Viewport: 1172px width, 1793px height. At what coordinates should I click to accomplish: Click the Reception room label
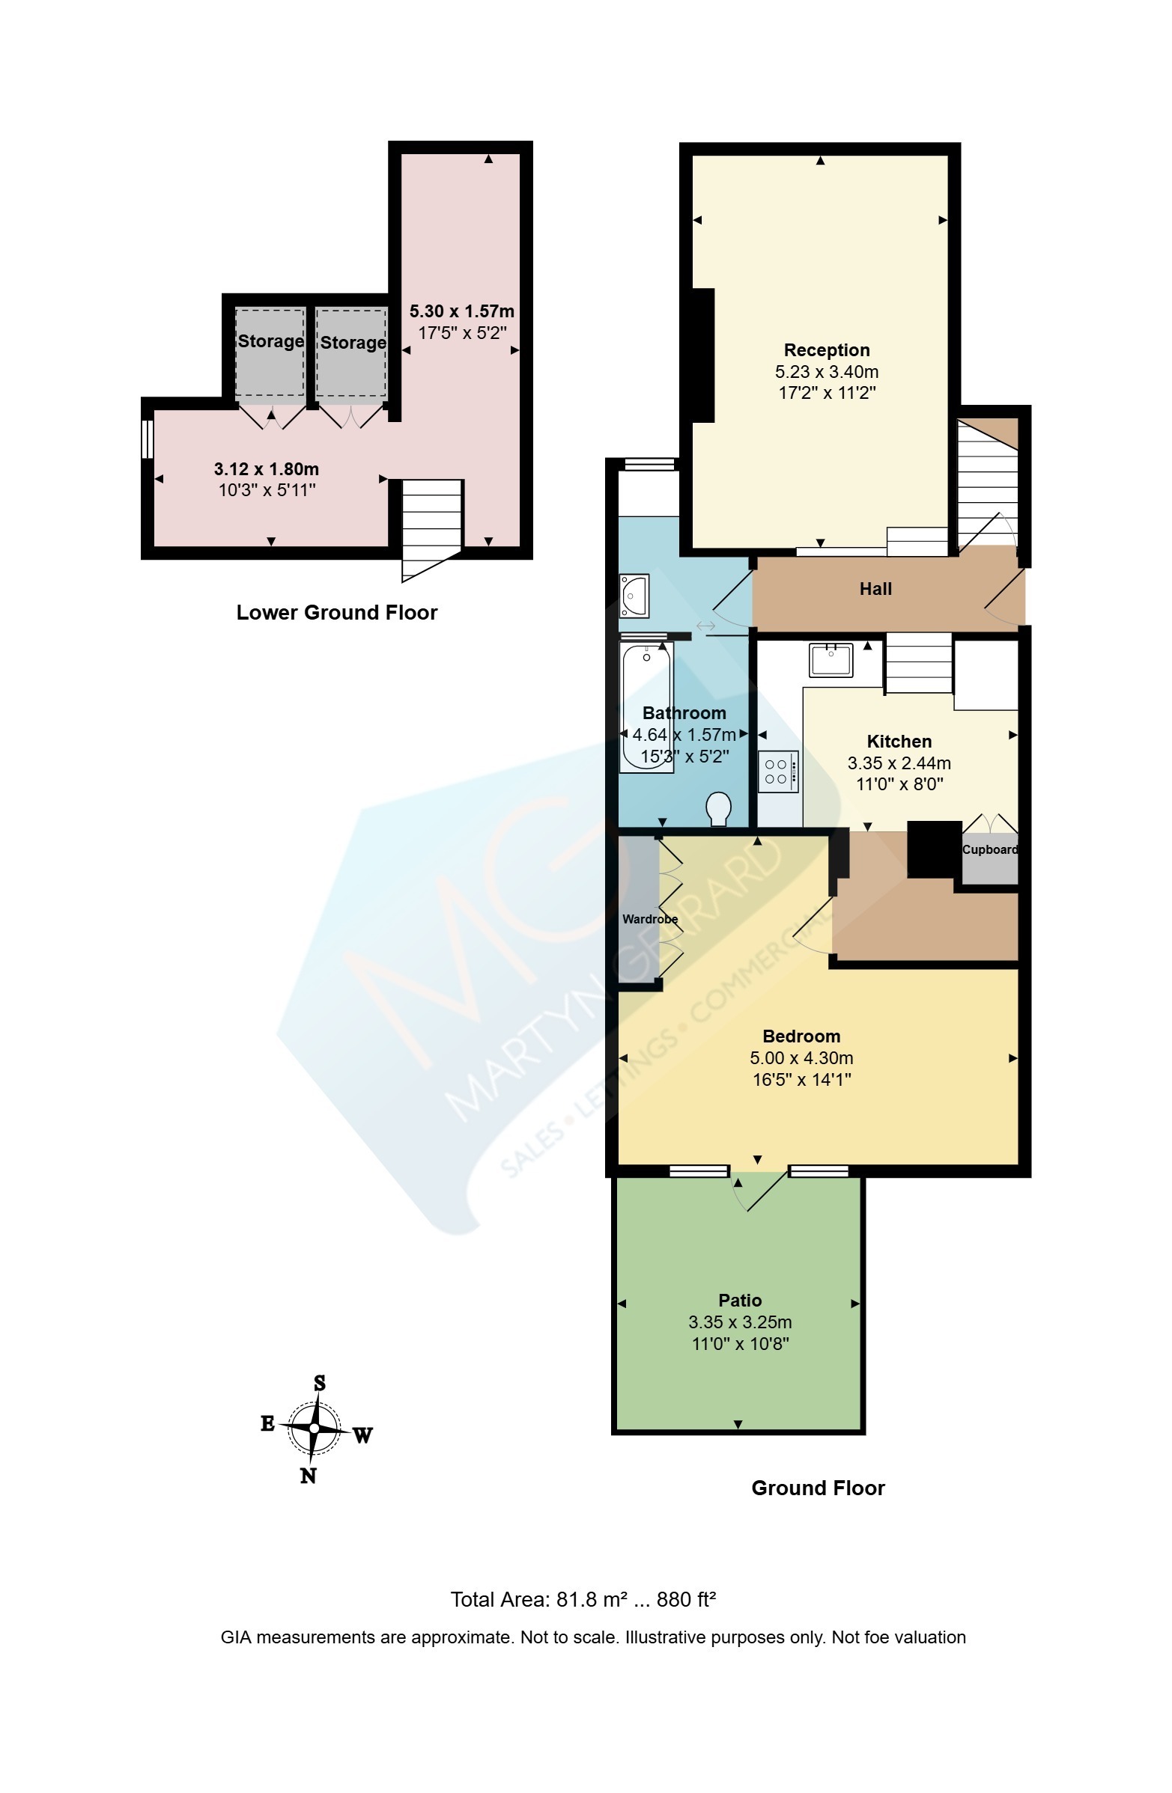pyautogui.click(x=826, y=350)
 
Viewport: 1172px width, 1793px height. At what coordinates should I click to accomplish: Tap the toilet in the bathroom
pyautogui.click(x=718, y=807)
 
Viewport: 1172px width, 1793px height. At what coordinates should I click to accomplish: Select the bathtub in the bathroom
pyautogui.click(x=646, y=706)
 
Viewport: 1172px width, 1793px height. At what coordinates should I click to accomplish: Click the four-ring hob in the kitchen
pyautogui.click(x=777, y=772)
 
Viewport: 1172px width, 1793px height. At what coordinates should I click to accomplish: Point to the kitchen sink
pyautogui.click(x=831, y=660)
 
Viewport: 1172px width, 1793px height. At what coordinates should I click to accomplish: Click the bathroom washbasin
pyautogui.click(x=633, y=596)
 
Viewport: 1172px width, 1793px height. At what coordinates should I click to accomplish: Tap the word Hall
pyautogui.click(x=875, y=589)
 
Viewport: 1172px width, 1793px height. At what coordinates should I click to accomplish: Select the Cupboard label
pyautogui.click(x=989, y=849)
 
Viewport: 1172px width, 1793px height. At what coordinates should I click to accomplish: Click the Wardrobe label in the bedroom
pyautogui.click(x=650, y=918)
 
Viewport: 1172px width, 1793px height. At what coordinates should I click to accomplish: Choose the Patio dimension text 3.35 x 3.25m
pyautogui.click(x=739, y=1322)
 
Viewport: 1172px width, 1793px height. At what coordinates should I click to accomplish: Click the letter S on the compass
pyautogui.click(x=320, y=1382)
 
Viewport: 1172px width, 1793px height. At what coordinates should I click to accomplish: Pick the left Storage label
pyautogui.click(x=270, y=341)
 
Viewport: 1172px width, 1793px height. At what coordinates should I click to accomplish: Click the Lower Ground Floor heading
pyautogui.click(x=337, y=612)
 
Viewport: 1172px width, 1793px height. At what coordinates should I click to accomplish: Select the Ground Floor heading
pyautogui.click(x=818, y=1488)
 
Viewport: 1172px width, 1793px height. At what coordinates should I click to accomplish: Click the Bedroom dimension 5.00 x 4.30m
pyautogui.click(x=801, y=1057)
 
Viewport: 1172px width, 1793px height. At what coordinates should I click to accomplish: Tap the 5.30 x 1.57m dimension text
pyautogui.click(x=461, y=311)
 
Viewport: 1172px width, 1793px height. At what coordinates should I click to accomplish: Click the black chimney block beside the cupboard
pyautogui.click(x=934, y=849)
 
